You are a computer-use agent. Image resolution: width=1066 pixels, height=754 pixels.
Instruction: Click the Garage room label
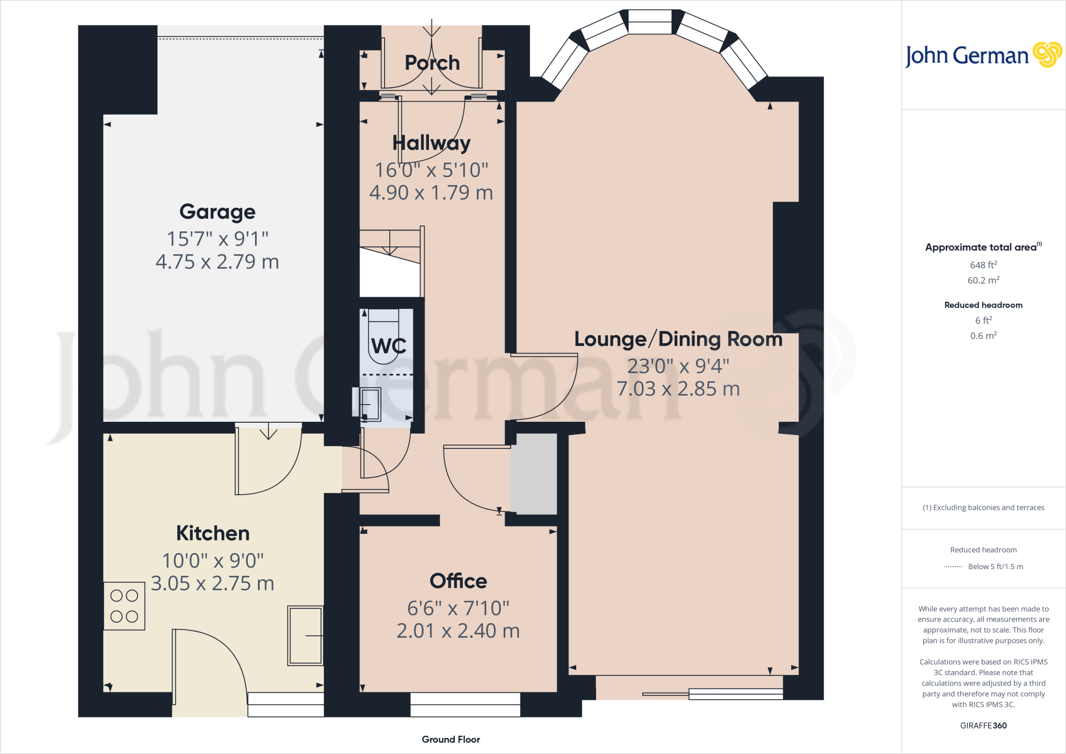coord(218,212)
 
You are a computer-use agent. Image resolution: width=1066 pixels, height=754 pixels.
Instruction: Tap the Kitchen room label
coord(213,533)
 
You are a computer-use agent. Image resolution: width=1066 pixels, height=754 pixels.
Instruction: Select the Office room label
coord(458,581)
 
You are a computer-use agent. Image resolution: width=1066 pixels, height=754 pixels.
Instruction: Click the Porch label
coord(432,63)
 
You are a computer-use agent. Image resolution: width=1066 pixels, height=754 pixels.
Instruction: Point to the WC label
coord(388,346)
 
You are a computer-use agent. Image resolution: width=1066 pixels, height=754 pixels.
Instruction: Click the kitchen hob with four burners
coord(124,606)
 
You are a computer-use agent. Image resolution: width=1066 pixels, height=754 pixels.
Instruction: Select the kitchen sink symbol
coord(306,635)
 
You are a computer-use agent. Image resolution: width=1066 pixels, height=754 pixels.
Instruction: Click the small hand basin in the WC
coord(370,404)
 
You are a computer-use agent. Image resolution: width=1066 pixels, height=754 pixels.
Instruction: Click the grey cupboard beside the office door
coord(534,474)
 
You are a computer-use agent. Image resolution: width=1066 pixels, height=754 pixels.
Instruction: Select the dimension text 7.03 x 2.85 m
coord(678,389)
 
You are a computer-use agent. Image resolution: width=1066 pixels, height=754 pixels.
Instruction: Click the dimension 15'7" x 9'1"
coord(218,239)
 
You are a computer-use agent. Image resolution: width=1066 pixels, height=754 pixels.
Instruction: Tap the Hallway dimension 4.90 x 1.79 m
coord(431,193)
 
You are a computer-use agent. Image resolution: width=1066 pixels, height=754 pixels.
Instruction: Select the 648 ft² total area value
coord(983,265)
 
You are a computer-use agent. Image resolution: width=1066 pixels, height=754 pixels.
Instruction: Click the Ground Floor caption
coord(451,739)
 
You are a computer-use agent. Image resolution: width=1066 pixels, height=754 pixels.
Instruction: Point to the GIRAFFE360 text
coord(983,725)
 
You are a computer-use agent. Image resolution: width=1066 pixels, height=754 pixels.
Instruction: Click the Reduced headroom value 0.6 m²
coord(983,336)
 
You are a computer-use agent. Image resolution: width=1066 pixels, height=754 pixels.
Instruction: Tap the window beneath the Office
coord(465,705)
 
